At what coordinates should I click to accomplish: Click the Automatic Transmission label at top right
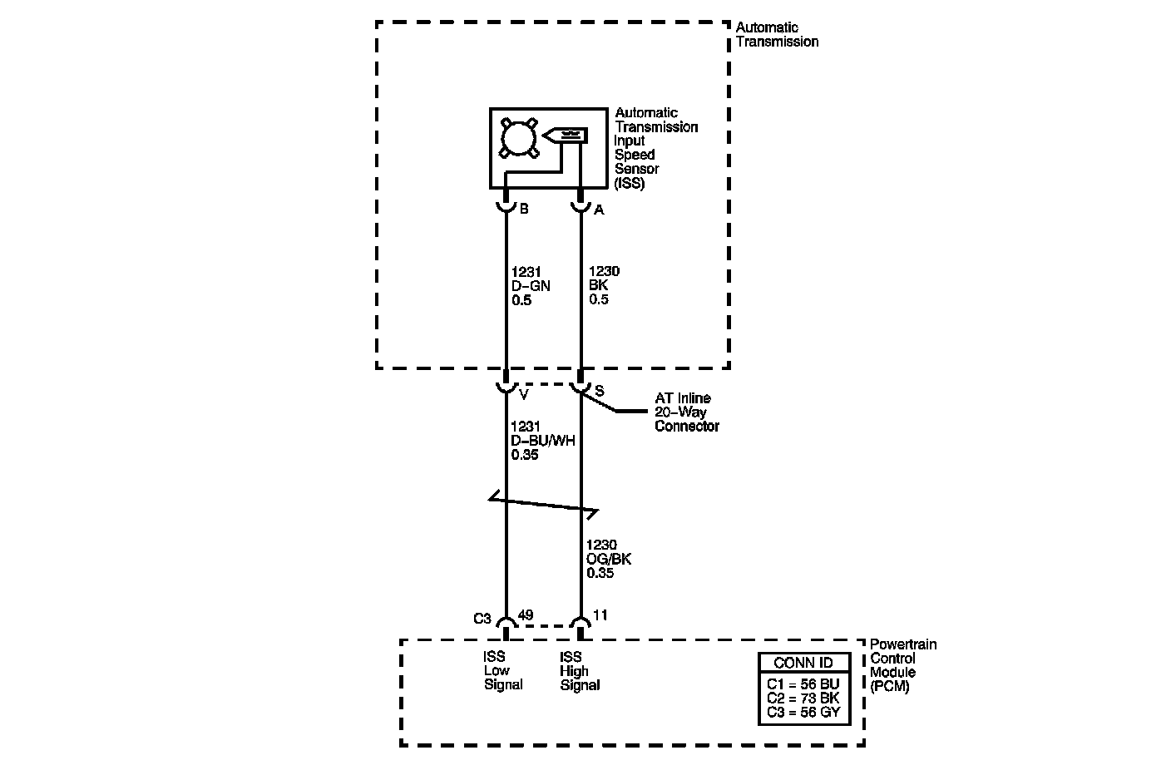(x=777, y=35)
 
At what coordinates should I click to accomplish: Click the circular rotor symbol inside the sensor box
(x=520, y=137)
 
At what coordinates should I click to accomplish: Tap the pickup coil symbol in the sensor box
(x=566, y=133)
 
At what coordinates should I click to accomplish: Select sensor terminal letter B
(x=524, y=210)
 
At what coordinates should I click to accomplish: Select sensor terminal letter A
(x=599, y=210)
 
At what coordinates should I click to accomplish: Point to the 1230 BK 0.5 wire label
(x=604, y=285)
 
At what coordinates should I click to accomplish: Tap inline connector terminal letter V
(x=524, y=394)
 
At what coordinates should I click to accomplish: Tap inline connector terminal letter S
(x=599, y=391)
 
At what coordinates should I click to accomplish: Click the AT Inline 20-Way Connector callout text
(x=686, y=412)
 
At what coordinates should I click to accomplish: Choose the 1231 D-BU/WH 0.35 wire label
(x=542, y=441)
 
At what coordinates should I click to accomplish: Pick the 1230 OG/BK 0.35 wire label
(x=609, y=559)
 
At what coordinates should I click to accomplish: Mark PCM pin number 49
(x=526, y=616)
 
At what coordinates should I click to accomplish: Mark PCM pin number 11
(x=600, y=615)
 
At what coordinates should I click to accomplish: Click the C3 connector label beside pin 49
(x=482, y=619)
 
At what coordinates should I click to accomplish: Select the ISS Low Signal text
(x=503, y=671)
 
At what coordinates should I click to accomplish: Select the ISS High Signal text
(x=580, y=671)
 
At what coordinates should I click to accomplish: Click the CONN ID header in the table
(x=804, y=663)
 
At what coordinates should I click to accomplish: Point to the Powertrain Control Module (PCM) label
(x=902, y=665)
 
